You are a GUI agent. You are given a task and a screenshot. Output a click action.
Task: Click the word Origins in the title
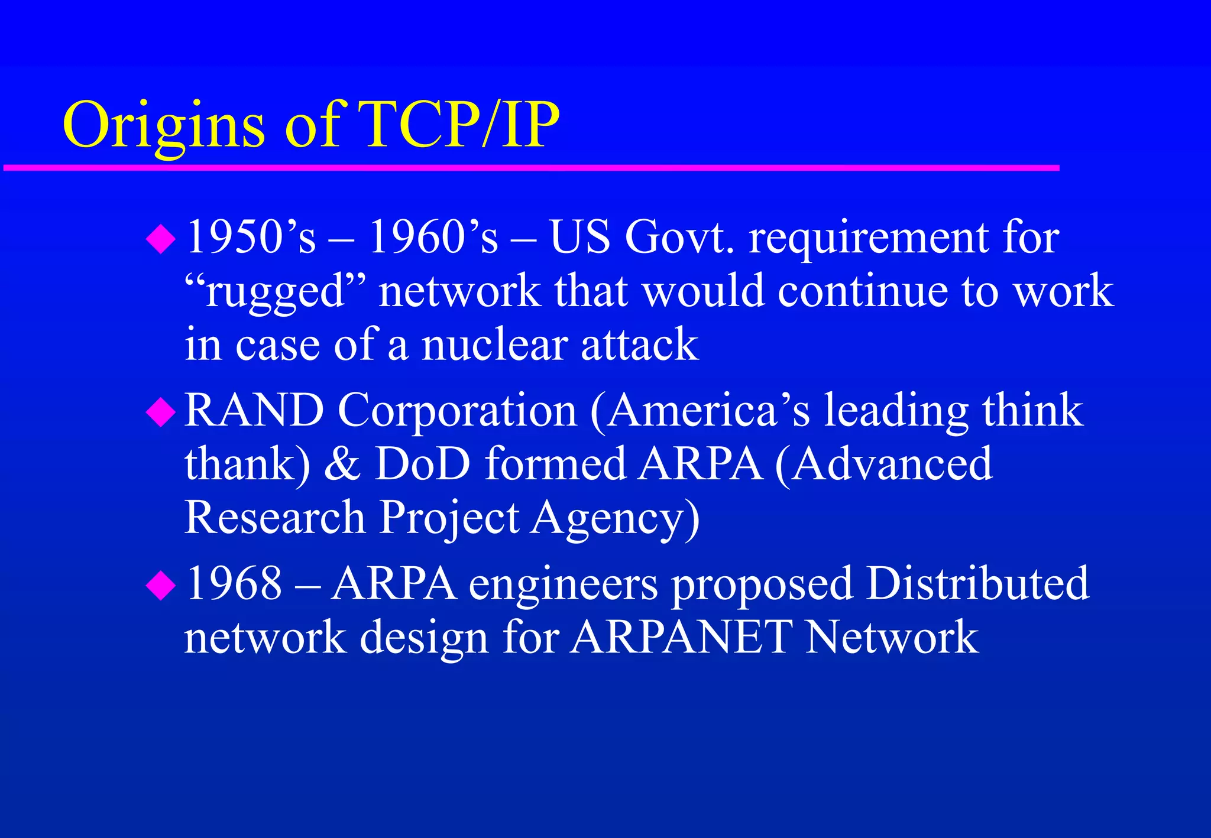tap(164, 126)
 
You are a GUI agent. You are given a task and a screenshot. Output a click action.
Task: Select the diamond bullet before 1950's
tap(161, 240)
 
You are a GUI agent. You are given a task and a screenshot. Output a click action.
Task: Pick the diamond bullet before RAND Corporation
tap(161, 412)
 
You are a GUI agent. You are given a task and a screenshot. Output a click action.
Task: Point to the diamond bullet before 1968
tap(161, 586)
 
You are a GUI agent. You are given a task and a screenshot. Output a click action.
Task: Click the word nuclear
tap(494, 345)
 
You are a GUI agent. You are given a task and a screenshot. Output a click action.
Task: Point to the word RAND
tap(254, 410)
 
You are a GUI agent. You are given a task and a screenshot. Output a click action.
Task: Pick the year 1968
tap(234, 584)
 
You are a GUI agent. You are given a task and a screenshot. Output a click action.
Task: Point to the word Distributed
tap(977, 584)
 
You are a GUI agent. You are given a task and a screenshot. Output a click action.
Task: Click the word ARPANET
tap(680, 637)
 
